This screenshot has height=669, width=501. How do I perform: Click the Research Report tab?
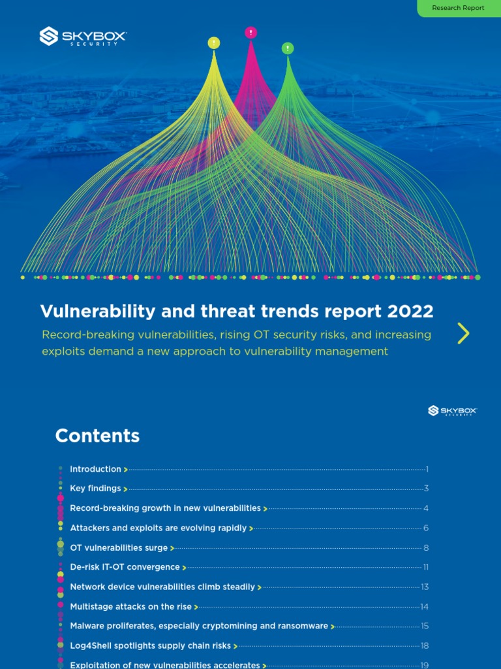click(458, 8)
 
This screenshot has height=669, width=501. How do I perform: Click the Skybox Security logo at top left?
click(83, 36)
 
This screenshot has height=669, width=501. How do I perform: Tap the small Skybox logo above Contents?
click(452, 410)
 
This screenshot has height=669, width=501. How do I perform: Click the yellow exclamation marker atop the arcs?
click(213, 43)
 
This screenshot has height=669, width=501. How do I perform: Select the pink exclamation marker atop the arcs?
click(250, 32)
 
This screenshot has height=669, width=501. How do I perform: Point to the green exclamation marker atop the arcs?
click(287, 48)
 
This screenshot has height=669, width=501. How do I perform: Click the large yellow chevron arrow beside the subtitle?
click(463, 333)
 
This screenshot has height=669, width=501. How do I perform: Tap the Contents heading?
click(97, 436)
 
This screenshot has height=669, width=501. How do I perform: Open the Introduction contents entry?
click(96, 469)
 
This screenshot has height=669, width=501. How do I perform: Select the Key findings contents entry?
click(96, 489)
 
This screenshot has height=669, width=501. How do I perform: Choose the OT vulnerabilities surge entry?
click(119, 548)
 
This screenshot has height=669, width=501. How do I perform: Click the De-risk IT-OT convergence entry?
click(125, 568)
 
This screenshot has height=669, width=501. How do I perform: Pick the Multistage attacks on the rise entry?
click(131, 607)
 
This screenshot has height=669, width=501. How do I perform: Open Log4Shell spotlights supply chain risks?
click(151, 646)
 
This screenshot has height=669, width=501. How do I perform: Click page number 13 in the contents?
click(425, 587)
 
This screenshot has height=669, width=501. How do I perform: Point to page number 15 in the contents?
click(425, 627)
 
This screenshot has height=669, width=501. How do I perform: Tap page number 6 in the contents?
click(426, 529)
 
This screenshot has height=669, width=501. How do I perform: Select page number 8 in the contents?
click(426, 548)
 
